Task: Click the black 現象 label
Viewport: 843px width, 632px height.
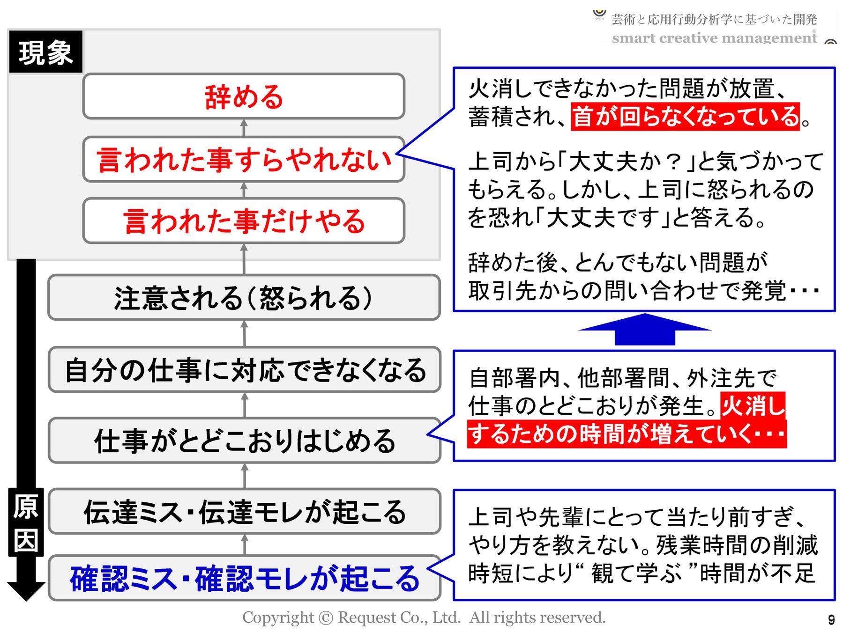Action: click(45, 52)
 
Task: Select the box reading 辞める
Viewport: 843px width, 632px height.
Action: click(244, 96)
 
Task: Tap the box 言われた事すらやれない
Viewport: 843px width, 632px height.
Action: click(244, 160)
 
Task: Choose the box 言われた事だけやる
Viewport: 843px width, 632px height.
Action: click(244, 221)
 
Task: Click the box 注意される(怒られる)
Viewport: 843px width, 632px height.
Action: click(244, 298)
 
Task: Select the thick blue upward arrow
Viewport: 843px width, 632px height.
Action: click(645, 330)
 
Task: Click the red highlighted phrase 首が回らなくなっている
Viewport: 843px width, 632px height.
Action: click(685, 117)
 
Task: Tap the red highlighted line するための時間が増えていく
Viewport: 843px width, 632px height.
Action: click(627, 434)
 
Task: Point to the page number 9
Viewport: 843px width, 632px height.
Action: click(831, 619)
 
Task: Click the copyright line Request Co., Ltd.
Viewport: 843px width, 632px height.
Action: click(424, 617)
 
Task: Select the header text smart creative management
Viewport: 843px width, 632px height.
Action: click(714, 37)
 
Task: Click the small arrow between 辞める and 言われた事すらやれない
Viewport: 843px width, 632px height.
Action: click(244, 127)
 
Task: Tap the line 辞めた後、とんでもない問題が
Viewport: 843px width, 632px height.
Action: click(618, 262)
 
